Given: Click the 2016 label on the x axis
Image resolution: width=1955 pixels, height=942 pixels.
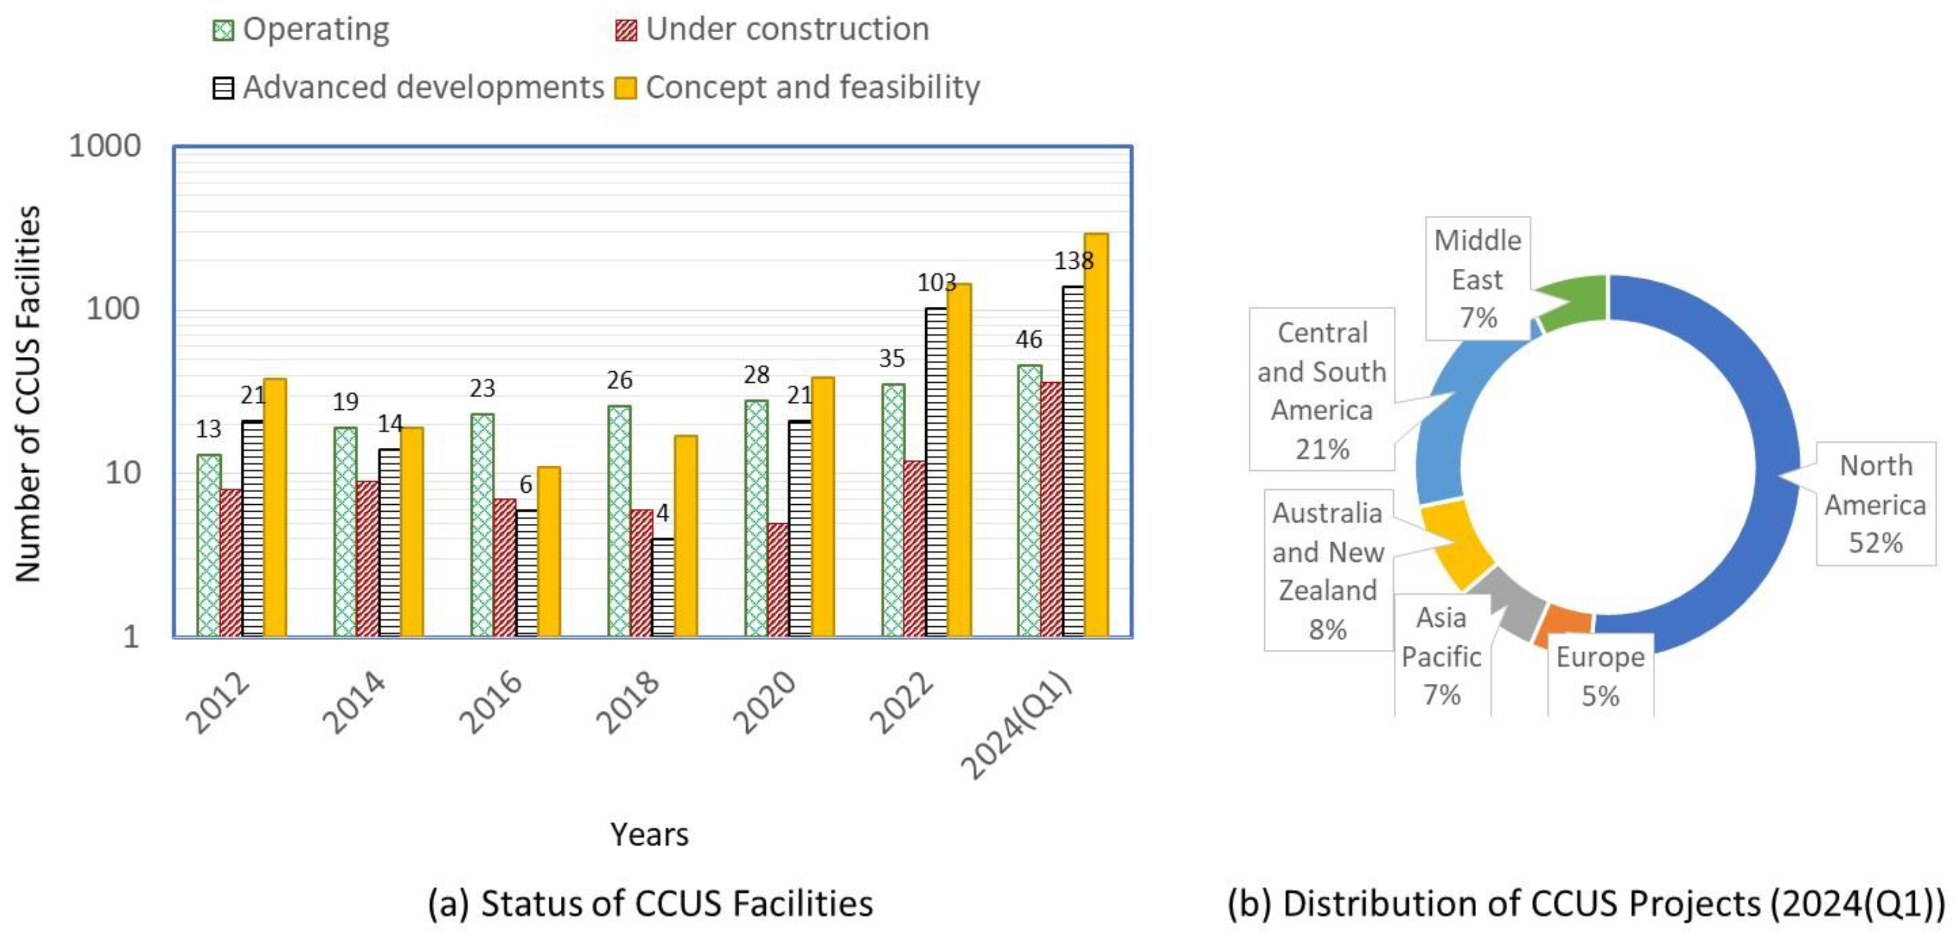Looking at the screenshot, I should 491,702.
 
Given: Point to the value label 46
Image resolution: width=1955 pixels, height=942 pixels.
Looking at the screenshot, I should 1029,340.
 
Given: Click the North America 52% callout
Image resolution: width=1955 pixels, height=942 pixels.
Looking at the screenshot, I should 1875,504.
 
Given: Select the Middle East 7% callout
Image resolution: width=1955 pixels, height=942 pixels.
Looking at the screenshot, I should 1478,279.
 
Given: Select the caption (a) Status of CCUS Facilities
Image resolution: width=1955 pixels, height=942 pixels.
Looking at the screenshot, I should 651,904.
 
